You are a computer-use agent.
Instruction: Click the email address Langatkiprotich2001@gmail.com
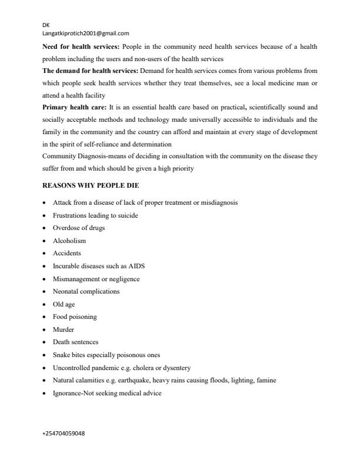[86, 34]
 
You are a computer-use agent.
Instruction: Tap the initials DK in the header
[46, 26]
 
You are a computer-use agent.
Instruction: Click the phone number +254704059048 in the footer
[64, 433]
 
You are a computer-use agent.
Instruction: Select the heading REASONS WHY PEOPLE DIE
[91, 185]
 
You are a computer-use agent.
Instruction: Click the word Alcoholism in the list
[69, 241]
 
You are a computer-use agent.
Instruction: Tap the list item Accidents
[67, 253]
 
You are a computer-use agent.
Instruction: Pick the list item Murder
[64, 329]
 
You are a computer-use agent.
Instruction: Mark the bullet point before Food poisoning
[45, 317]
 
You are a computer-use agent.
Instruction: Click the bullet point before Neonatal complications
[45, 291]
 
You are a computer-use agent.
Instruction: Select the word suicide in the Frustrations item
[128, 215]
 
